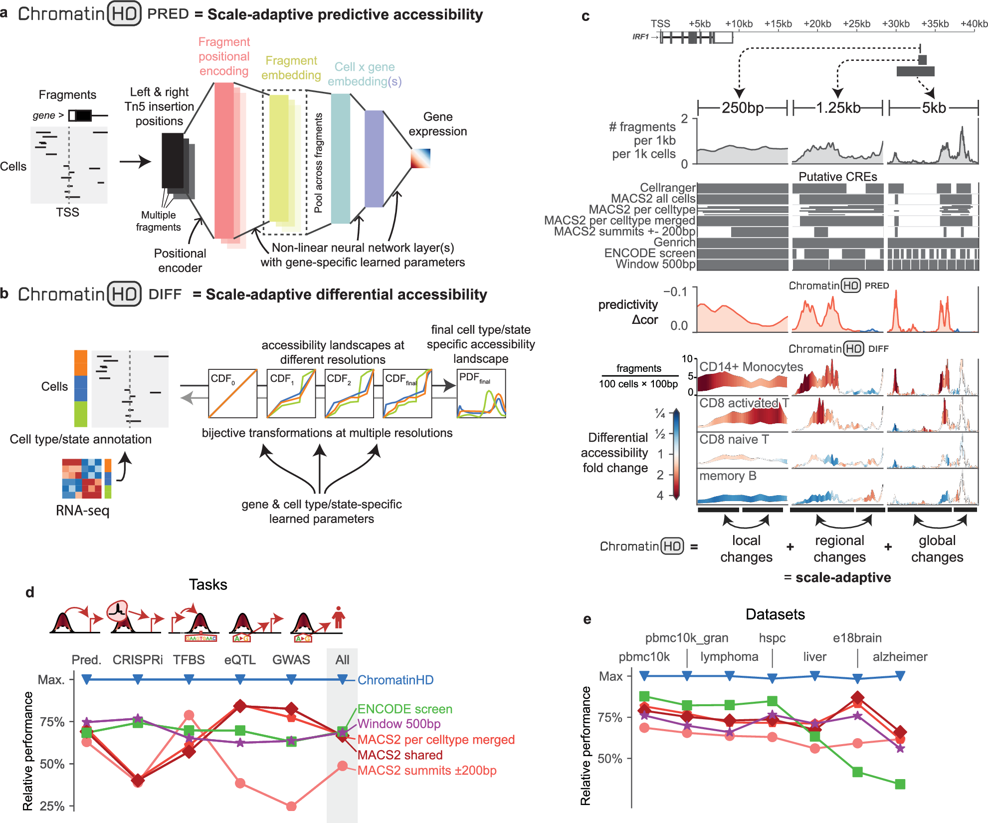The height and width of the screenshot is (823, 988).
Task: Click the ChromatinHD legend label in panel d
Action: pos(395,680)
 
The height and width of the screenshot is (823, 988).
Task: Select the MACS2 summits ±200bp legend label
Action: pos(427,770)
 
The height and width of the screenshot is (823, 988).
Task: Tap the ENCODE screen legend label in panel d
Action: pos(404,709)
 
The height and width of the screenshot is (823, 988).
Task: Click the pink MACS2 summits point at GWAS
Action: pos(291,806)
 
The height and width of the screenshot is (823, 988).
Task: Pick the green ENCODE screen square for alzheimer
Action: pos(900,784)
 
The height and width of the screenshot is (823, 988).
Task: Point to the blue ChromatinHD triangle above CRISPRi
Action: pos(138,679)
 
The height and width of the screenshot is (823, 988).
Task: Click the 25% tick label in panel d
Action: pos(52,806)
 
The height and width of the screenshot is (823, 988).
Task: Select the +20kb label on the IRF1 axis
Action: pos(817,23)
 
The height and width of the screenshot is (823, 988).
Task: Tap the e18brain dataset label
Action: pos(857,638)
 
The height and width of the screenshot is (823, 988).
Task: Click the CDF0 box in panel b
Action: pos(232,393)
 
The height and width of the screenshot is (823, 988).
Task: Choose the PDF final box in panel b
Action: pos(481,393)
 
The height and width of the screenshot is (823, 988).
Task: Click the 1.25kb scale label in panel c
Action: pos(838,107)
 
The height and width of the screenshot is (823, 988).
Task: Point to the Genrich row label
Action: pos(674,242)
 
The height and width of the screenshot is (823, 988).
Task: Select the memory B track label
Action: pos(728,476)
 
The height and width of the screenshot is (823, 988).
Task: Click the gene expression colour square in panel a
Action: pos(420,159)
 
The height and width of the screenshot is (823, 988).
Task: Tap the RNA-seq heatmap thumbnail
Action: pos(82,479)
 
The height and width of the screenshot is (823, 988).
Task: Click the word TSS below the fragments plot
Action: pos(67,212)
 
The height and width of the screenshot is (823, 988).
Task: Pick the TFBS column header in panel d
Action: pos(189,659)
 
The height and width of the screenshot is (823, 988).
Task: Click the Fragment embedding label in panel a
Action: pos(291,67)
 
